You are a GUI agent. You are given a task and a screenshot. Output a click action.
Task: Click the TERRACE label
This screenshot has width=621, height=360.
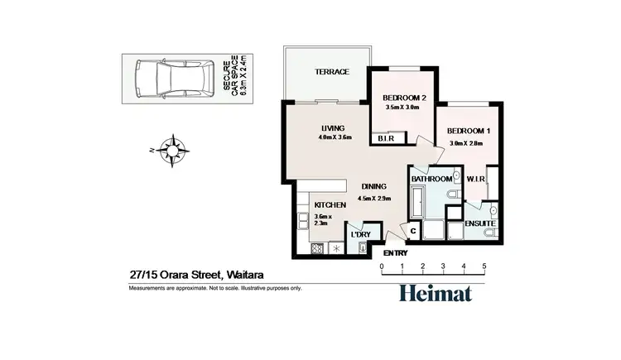(331, 72)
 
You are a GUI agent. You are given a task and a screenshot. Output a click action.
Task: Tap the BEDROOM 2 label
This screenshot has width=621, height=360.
(406, 98)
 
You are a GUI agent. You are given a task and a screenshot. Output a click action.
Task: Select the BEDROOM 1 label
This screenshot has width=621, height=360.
(468, 131)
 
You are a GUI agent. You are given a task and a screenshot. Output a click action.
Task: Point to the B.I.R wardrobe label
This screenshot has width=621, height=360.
(385, 138)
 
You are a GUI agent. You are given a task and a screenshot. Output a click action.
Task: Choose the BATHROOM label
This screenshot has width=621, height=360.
(432, 179)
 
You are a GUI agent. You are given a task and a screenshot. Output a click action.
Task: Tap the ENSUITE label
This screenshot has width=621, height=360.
(479, 223)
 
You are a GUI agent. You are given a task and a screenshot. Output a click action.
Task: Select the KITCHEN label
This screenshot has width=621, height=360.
(330, 204)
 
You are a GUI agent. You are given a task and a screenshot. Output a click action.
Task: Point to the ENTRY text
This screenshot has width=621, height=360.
(396, 252)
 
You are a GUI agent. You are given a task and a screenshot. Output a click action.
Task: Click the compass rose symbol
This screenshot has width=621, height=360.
(172, 151)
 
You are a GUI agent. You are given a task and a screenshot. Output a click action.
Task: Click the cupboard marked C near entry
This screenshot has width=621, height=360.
(413, 233)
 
